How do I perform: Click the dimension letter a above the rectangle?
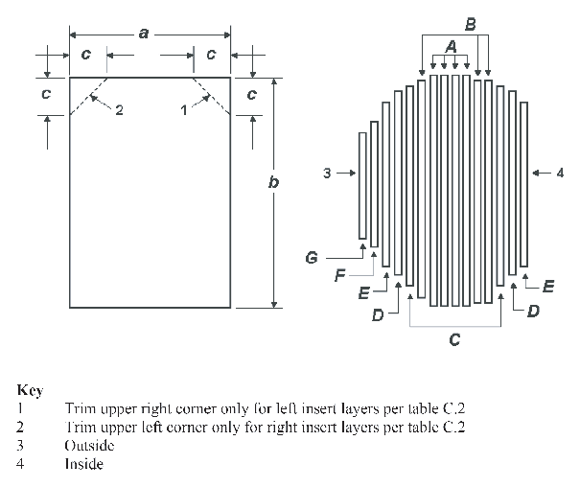coord(143,34)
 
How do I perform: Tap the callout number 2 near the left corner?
coord(119,110)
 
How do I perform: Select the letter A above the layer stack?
coord(451,46)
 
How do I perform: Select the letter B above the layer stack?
coord(470,21)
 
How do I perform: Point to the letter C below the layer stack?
coord(454,338)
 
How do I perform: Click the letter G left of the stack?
coord(311,258)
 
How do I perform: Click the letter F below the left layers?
coord(339,276)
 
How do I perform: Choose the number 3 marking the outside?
coord(327,174)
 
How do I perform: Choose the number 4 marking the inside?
coord(560,174)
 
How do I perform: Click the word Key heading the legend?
coord(30,391)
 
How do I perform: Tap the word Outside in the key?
coord(89,447)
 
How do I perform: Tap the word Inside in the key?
coord(83,465)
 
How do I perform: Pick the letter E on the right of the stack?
coord(547,286)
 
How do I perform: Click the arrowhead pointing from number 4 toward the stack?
coord(534,174)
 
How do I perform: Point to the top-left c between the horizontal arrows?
coord(86,56)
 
